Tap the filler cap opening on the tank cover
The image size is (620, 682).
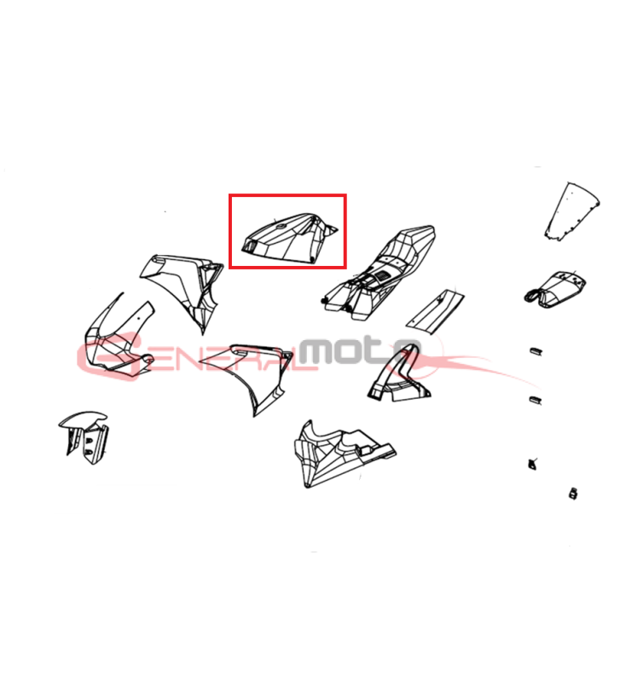coord(280,226)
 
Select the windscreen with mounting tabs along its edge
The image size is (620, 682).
coord(571,211)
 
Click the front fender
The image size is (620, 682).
coord(84,436)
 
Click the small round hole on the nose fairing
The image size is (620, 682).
coord(139,318)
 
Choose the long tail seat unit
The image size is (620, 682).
coord(380,273)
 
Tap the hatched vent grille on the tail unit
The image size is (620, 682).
coord(383,275)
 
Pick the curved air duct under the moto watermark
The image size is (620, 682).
coord(398,375)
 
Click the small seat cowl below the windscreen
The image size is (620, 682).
coord(555,289)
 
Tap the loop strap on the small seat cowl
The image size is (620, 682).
coord(533,296)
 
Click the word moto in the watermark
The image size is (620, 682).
coord(359,351)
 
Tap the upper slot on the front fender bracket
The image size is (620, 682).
coord(89,441)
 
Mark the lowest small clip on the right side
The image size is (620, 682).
coord(573,494)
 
